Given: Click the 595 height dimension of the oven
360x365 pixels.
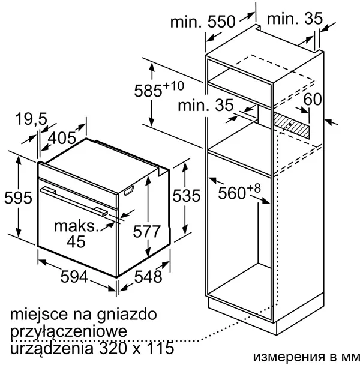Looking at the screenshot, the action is point(18,198).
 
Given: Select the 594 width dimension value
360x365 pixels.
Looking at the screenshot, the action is point(74,277).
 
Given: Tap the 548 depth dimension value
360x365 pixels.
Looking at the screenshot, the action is point(148,277).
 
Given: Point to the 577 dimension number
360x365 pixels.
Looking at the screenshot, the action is point(147,231).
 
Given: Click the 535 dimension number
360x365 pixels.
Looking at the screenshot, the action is point(187,195).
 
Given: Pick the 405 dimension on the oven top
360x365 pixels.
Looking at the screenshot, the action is point(62,138).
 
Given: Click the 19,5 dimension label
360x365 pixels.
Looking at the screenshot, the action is point(31,119).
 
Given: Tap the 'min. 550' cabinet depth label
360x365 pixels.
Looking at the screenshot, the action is point(203,22).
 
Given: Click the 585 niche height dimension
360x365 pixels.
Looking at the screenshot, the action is point(159,89).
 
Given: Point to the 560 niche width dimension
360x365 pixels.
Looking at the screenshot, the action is point(239,192).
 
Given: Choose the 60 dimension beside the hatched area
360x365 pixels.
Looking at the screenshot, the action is point(313,100).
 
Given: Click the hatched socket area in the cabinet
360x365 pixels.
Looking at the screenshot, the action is point(292,125).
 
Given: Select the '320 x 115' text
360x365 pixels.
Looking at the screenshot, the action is point(136,348).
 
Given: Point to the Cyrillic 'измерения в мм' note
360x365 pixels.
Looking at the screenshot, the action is point(305,357).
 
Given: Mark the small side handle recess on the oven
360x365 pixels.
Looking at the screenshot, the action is point(128,191).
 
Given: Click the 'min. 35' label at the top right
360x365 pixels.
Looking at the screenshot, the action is point(295,19).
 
